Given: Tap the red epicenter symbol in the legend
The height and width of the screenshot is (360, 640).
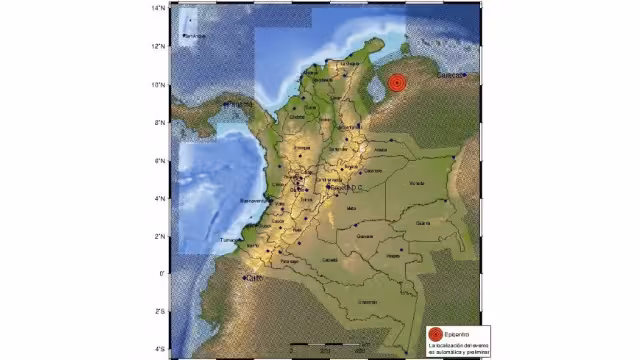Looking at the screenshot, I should (434, 333).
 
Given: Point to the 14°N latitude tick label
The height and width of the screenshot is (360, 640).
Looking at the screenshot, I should (158, 8).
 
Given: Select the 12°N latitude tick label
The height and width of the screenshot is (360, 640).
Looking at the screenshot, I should (158, 46).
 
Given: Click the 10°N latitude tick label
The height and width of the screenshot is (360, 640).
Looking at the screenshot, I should (158, 84).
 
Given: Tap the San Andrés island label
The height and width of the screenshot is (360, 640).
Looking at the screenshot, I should (194, 37).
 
